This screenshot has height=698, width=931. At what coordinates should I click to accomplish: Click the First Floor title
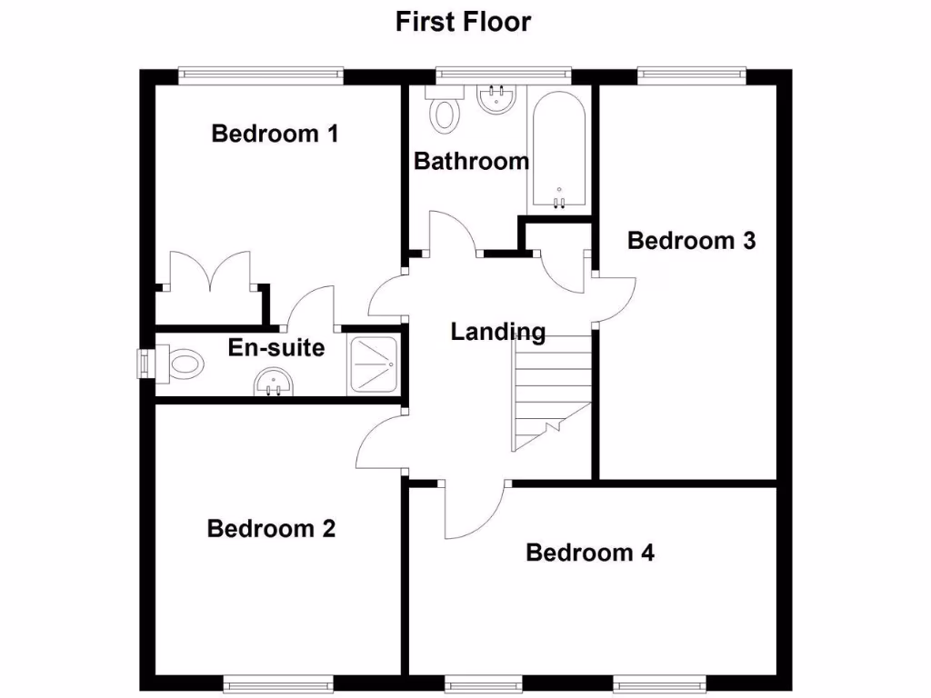click(x=463, y=22)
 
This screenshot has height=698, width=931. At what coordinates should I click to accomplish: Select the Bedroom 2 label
click(x=271, y=528)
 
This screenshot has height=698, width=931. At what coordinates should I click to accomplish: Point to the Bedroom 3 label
click(x=691, y=241)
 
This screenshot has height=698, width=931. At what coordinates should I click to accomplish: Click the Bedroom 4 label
click(x=590, y=553)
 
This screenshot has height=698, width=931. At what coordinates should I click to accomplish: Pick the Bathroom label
click(x=471, y=162)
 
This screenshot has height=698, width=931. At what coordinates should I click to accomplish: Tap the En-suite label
click(x=275, y=347)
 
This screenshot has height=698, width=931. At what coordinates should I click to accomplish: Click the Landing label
click(x=498, y=333)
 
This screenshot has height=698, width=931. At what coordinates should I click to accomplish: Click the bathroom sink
click(x=496, y=98)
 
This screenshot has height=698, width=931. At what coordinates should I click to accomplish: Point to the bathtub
click(x=559, y=151)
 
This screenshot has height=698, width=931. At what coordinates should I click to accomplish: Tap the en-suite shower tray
click(x=372, y=365)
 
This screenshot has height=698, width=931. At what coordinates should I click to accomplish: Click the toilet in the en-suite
click(x=182, y=364)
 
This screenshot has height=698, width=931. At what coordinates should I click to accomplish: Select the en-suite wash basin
click(x=274, y=384)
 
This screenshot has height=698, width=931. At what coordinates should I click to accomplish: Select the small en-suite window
click(x=142, y=364)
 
